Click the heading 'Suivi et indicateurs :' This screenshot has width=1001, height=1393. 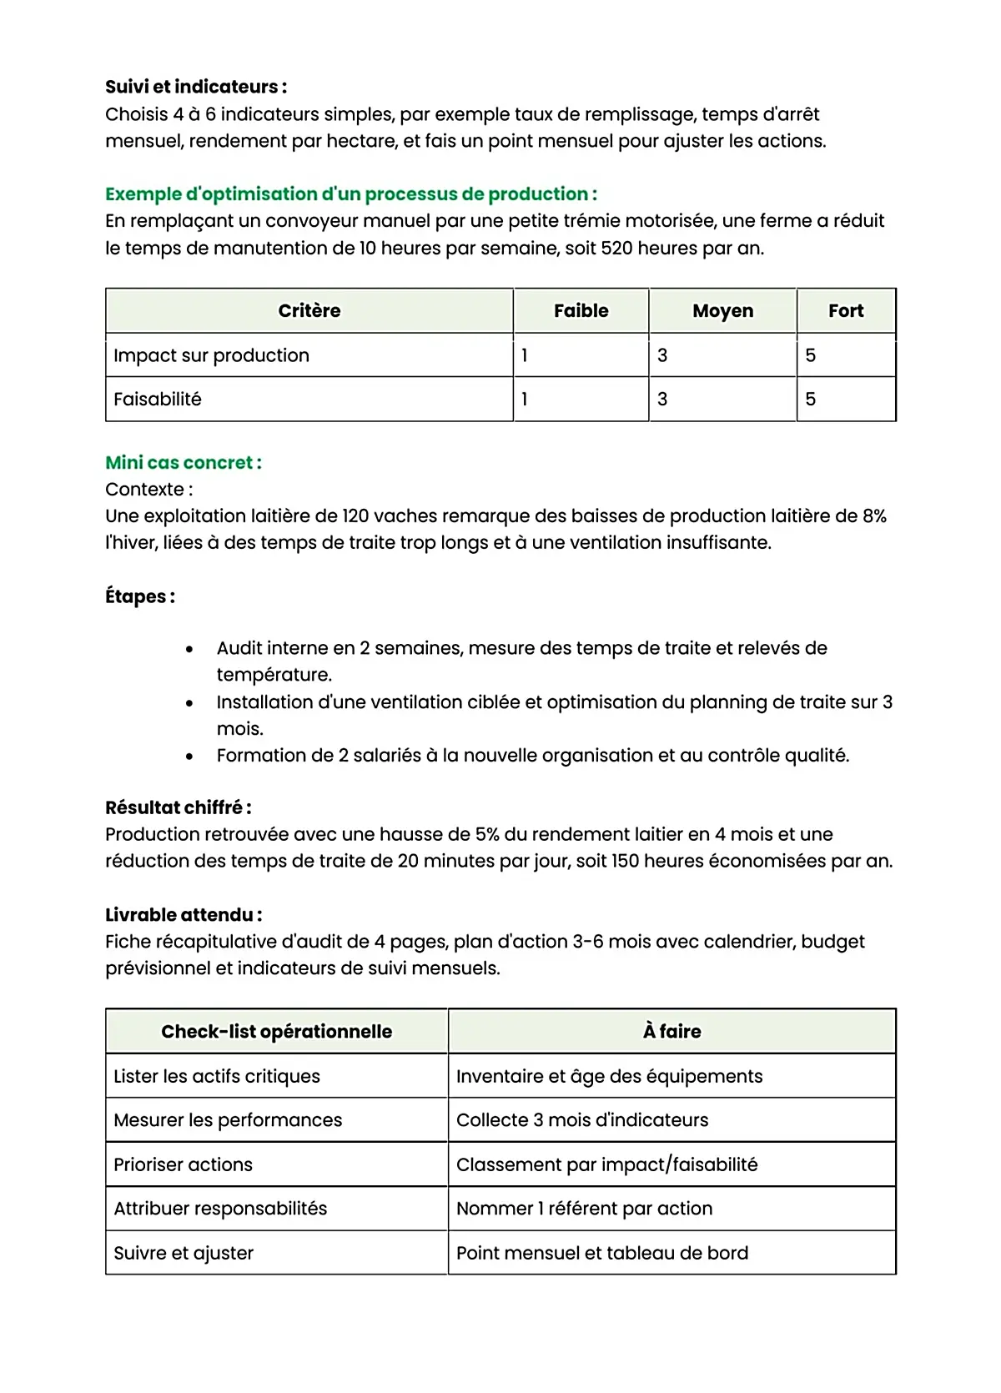(196, 87)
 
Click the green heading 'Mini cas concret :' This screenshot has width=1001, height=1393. (184, 462)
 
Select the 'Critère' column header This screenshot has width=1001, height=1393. (309, 311)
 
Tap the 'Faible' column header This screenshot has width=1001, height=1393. (581, 311)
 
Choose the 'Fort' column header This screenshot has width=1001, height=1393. (846, 311)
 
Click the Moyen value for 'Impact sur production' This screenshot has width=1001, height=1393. (662, 355)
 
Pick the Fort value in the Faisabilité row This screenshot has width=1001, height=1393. (811, 400)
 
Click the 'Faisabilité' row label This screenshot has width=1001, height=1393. (158, 400)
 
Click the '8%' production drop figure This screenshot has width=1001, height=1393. (874, 516)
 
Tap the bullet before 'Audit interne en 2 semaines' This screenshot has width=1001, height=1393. (190, 649)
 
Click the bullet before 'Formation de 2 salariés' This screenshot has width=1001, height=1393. (190, 757)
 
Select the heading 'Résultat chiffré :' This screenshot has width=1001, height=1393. (179, 807)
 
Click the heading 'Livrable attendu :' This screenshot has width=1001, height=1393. (184, 915)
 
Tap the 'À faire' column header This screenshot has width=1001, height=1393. (672, 1032)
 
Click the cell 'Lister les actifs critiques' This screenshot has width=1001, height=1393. (217, 1076)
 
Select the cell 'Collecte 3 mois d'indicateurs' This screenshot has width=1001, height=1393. (582, 1120)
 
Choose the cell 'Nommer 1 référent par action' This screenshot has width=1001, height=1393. (584, 1209)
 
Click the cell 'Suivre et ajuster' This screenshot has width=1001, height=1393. (184, 1253)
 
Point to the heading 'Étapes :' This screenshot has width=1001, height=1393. (140, 596)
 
